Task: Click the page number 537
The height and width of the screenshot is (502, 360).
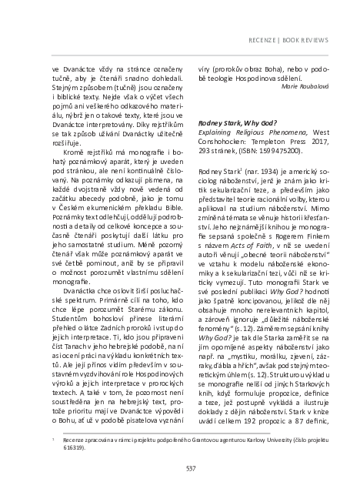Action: click(180, 467)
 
